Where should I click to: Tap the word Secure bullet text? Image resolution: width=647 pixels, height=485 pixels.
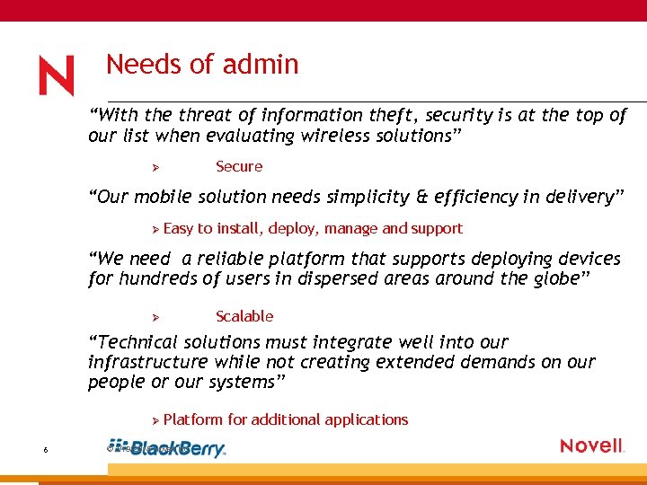tap(239, 166)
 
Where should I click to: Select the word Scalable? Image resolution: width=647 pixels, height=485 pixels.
tap(244, 316)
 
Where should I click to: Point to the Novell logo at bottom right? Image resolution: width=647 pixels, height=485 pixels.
tap(591, 445)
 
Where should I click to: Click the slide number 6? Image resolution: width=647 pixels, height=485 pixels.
tap(45, 451)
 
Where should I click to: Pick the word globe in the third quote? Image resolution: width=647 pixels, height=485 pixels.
tap(554, 278)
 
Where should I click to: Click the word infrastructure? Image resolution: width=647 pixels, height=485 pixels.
tap(148, 362)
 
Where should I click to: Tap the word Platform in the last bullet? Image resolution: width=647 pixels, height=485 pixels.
tap(194, 419)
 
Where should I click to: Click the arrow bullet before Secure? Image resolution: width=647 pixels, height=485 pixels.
tap(155, 167)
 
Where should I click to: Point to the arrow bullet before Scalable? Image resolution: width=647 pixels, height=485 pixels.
tap(155, 317)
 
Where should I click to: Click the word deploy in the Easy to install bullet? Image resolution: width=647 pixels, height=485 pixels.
tap(290, 229)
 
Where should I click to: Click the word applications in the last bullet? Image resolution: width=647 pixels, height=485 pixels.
tap(367, 419)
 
